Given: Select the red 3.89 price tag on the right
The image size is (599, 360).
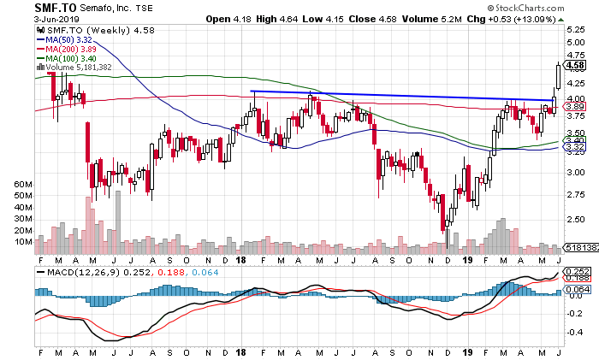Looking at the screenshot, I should click(x=575, y=106).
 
